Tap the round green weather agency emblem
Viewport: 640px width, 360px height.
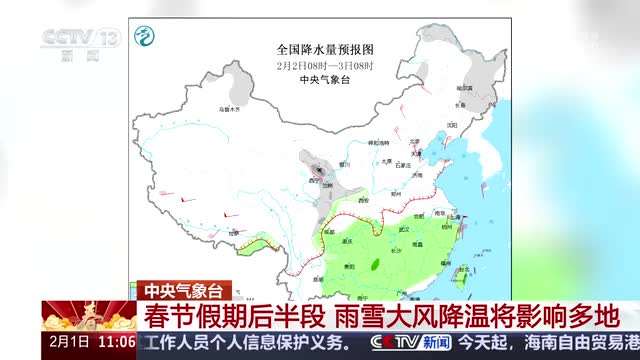pyautogui.click(x=147, y=37)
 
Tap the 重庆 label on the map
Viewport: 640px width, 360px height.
pyautogui.click(x=348, y=241)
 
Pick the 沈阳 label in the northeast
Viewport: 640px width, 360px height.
pyautogui.click(x=452, y=124)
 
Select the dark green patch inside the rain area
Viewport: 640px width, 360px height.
pyautogui.click(x=375, y=264)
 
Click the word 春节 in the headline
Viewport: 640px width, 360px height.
pyautogui.click(x=165, y=316)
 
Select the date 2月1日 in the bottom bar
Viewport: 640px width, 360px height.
pyautogui.click(x=65, y=342)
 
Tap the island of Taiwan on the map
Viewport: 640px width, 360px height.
pyautogui.click(x=463, y=270)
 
